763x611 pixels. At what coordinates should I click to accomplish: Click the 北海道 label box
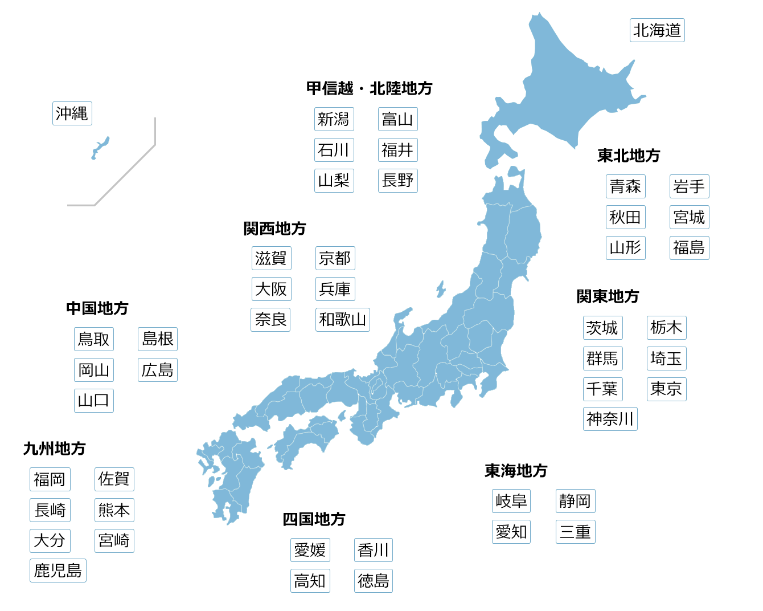click(657, 30)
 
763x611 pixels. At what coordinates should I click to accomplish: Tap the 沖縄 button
click(72, 113)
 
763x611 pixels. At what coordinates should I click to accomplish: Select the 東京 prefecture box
click(666, 389)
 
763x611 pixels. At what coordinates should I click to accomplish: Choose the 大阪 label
click(271, 289)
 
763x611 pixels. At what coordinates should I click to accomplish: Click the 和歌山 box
click(342, 320)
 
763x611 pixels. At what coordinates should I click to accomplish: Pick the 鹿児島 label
click(58, 571)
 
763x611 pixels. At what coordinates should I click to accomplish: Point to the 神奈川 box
click(610, 419)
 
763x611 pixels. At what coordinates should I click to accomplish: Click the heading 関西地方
click(274, 229)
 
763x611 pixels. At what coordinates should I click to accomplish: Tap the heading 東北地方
click(629, 156)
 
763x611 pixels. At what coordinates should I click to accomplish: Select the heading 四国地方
click(314, 519)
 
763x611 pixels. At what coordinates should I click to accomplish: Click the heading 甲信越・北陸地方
click(369, 88)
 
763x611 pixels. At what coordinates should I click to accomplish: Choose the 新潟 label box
click(334, 119)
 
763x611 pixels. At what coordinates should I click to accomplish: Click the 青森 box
click(625, 186)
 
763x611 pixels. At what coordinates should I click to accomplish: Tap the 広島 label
click(157, 370)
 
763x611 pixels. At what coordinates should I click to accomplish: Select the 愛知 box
click(511, 532)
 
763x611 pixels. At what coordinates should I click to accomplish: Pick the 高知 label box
click(310, 581)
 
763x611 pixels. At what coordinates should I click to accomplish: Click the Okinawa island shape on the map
click(101, 147)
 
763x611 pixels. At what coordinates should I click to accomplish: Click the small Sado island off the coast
click(440, 289)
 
